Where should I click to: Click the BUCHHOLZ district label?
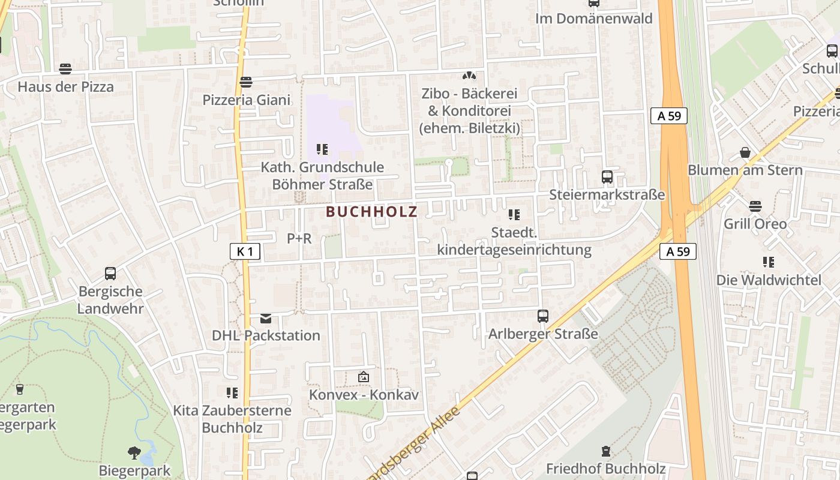click(x=371, y=211)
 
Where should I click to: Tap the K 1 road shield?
click(x=245, y=251)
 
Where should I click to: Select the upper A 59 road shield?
click(x=669, y=116)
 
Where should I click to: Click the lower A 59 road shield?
click(x=679, y=251)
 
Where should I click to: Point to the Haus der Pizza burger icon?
click(x=65, y=69)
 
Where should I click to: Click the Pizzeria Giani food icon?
click(x=245, y=82)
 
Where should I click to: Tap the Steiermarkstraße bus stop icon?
click(x=607, y=177)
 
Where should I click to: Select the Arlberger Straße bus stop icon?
click(x=543, y=316)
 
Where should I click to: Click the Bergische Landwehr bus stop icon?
click(x=110, y=274)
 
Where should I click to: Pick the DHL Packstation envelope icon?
click(x=266, y=318)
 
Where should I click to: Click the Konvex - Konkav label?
click(x=364, y=395)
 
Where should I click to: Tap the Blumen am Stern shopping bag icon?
click(x=745, y=152)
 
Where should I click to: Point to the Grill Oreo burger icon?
click(x=755, y=206)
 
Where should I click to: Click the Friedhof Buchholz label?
click(x=605, y=468)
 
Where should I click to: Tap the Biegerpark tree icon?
click(x=134, y=453)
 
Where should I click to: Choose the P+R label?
click(x=299, y=238)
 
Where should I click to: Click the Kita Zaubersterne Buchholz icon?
click(x=232, y=393)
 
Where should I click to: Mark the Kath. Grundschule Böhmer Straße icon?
click(x=322, y=149)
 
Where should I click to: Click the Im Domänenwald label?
click(x=593, y=19)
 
